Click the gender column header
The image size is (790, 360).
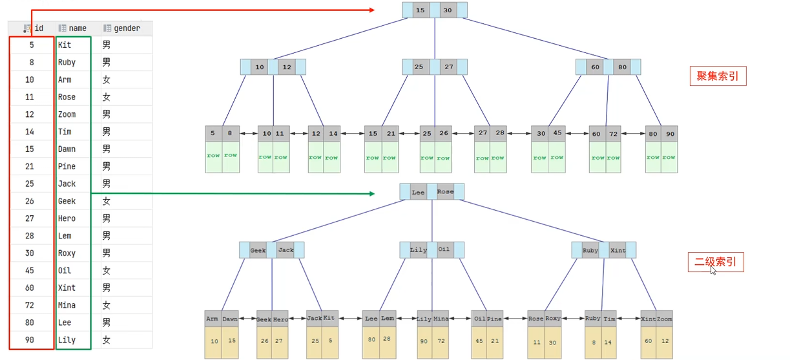coord(122,28)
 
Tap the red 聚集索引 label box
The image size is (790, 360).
coord(718,76)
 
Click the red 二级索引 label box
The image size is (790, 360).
coord(716,262)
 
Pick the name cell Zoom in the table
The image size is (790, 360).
coord(67,114)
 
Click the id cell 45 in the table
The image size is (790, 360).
coord(30,270)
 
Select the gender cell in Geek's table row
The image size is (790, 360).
coord(107,201)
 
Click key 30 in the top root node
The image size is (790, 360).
coord(448,10)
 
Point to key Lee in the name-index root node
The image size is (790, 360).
coord(419,193)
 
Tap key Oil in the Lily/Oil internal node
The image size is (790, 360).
coord(444,249)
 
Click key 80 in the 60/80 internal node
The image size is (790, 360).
coord(622,67)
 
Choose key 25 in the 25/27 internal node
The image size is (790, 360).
coord(419,67)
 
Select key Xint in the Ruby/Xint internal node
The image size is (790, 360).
coord(618,250)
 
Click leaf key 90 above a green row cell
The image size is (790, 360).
coord(670,134)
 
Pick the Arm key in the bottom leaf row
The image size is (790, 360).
coord(213,319)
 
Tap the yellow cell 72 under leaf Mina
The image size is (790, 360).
coord(441,341)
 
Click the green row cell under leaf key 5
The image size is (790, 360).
coord(213,157)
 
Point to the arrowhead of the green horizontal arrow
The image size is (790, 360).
coord(372,193)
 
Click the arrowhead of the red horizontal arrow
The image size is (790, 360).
coord(372,10)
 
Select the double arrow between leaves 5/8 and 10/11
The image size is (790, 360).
coord(249,133)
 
